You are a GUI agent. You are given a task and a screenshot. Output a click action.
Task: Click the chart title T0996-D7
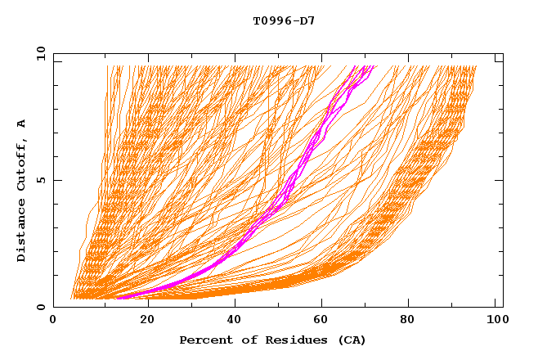(284, 20)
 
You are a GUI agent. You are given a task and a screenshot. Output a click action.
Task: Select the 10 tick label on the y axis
(38, 53)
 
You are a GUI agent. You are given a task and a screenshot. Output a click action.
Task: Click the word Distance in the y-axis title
(22, 234)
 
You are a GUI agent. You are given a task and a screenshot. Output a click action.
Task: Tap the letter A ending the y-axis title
(22, 123)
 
